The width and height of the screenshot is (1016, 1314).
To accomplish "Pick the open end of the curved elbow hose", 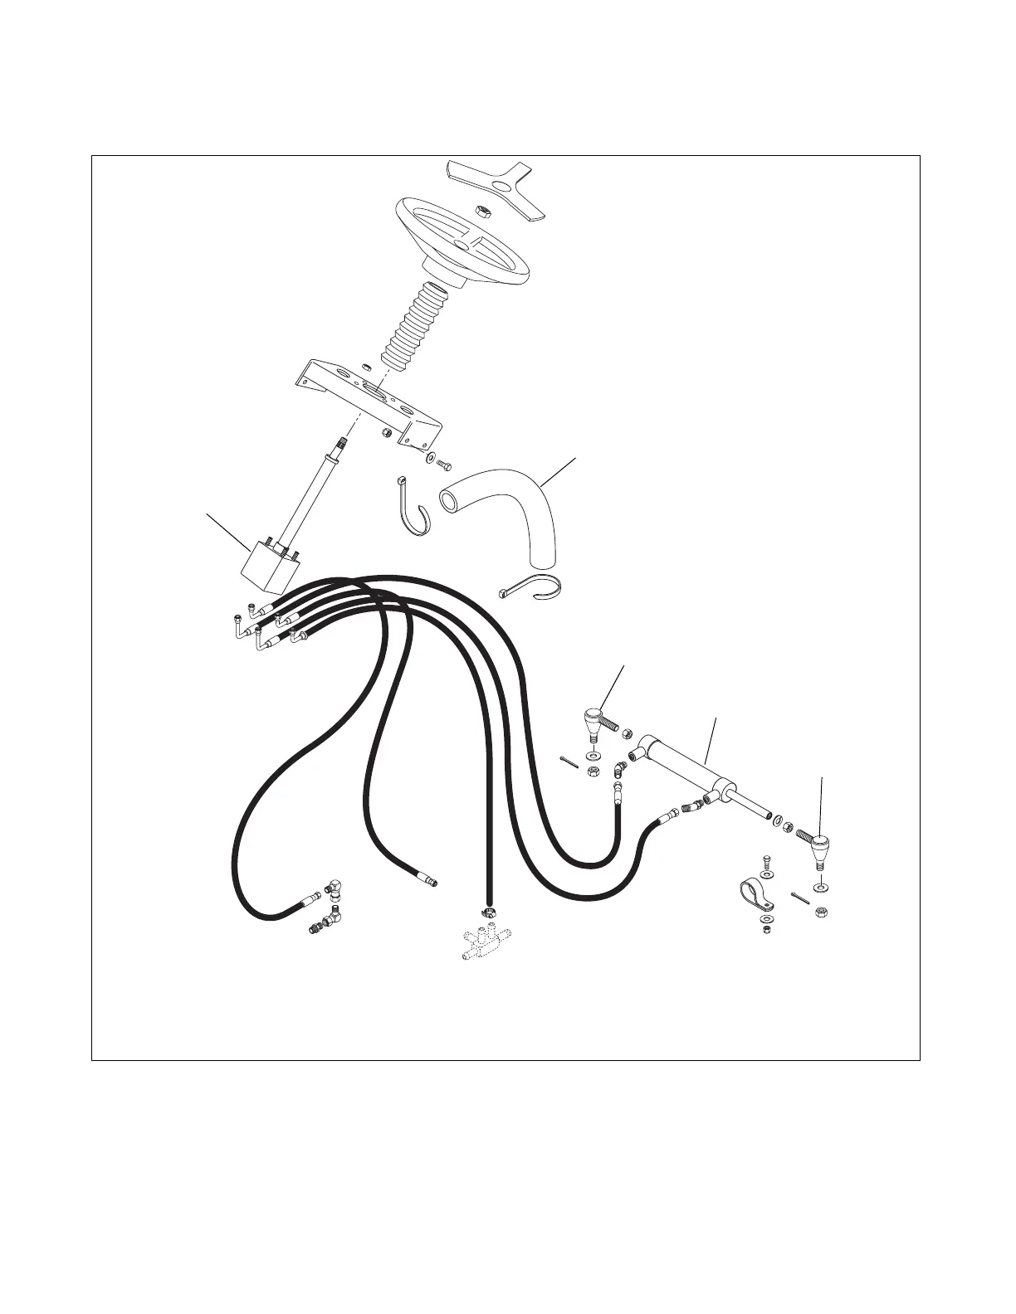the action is pyautogui.click(x=449, y=499).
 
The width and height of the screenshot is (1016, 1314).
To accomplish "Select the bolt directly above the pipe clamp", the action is pyautogui.click(x=766, y=863).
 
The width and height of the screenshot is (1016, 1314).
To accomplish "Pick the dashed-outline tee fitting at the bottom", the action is pyautogui.click(x=484, y=942).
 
